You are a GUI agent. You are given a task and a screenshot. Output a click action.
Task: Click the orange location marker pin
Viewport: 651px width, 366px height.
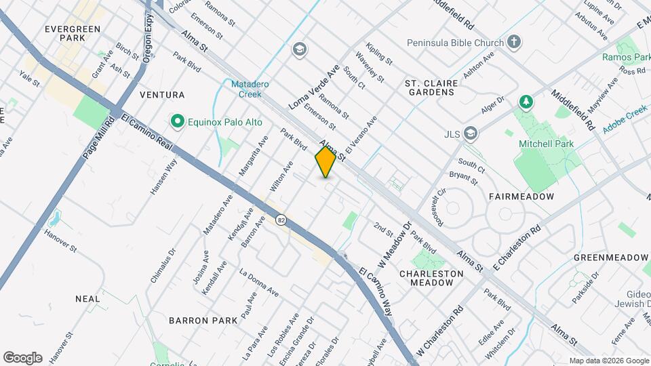click(x=325, y=163)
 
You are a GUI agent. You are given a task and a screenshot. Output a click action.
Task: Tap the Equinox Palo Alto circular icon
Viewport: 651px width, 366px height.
click(x=178, y=121)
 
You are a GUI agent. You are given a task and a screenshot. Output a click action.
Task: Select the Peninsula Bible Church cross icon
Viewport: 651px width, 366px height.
click(x=515, y=43)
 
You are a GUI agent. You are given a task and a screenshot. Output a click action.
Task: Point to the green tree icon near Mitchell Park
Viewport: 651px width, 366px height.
click(x=525, y=102)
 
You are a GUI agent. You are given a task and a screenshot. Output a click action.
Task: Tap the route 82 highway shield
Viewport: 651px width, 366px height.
click(x=280, y=220)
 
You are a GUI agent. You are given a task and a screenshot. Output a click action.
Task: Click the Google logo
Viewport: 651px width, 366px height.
click(x=22, y=357)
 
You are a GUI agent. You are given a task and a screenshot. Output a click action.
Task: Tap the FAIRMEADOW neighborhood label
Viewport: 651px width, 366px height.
click(x=521, y=196)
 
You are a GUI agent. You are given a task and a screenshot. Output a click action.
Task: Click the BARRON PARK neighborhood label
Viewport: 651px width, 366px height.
click(x=203, y=320)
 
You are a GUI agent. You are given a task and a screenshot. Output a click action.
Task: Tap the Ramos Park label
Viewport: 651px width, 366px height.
click(x=626, y=58)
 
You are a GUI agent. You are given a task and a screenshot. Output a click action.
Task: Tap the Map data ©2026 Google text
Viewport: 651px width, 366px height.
click(x=609, y=361)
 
